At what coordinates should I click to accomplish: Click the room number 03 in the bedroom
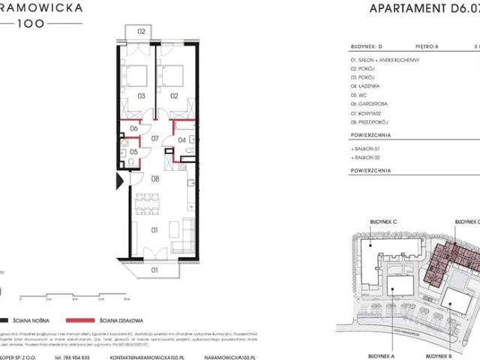point(140,96)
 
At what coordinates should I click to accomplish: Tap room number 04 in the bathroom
point(182,139)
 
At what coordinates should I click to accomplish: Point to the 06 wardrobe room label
point(133,129)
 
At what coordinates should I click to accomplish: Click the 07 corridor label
point(155,139)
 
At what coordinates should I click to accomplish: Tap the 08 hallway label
point(155,179)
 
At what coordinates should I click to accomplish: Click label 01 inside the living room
point(155,231)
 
